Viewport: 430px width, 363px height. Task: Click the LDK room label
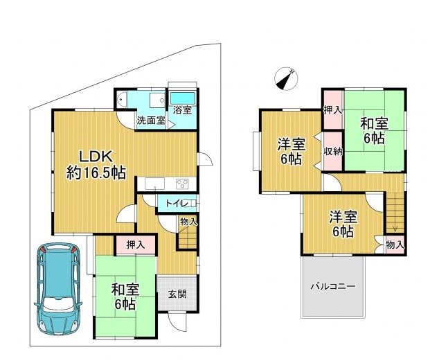(x=96, y=157)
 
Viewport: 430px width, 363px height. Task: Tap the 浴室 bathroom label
(x=182, y=110)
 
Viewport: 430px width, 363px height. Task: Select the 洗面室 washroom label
(x=151, y=120)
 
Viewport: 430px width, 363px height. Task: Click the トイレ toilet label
(x=177, y=204)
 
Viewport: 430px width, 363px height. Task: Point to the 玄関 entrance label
(x=177, y=294)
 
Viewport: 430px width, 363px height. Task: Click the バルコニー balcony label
(x=333, y=287)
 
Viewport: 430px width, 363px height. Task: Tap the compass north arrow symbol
(x=286, y=78)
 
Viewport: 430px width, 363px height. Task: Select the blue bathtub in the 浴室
(x=183, y=98)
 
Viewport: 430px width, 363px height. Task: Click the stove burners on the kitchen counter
(x=182, y=184)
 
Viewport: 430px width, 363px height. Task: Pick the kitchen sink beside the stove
(x=154, y=184)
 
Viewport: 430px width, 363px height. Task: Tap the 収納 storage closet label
(x=333, y=152)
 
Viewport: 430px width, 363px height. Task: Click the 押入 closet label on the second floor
(x=333, y=110)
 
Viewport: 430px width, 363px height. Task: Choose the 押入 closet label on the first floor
(x=136, y=245)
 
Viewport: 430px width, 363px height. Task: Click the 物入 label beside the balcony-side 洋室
(x=395, y=245)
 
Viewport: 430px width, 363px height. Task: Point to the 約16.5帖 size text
(x=96, y=173)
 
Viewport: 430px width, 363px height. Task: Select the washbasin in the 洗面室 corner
(x=121, y=100)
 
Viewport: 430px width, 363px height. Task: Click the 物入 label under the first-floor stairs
(x=188, y=221)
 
